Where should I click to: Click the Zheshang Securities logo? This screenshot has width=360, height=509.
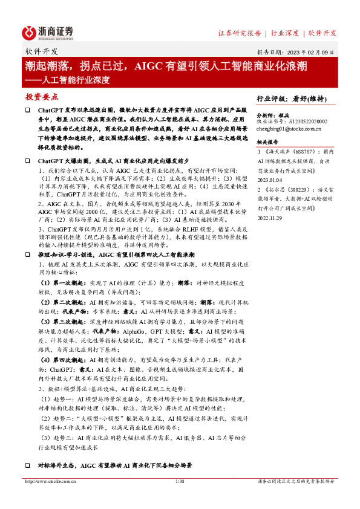(48, 32)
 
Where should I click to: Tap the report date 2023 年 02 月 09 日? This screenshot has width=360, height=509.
(313, 52)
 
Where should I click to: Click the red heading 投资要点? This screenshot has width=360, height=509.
(42, 97)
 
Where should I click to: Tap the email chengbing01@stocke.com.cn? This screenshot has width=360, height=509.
(289, 128)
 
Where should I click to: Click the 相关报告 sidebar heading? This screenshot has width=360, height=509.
(269, 142)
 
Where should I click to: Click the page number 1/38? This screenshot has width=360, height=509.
(179, 482)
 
